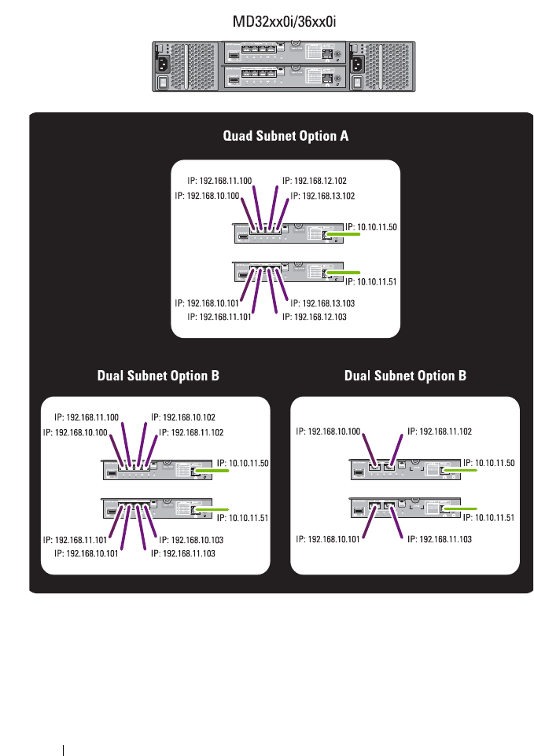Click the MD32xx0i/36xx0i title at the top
[x=284, y=21]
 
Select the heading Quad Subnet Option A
[x=285, y=136]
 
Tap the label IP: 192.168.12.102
[x=319, y=181]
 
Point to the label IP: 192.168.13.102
[x=322, y=196]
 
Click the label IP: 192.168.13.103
[x=323, y=303]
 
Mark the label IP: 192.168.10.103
[x=192, y=540]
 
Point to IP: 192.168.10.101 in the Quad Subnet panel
[x=207, y=303]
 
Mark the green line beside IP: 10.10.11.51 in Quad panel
[x=341, y=272]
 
